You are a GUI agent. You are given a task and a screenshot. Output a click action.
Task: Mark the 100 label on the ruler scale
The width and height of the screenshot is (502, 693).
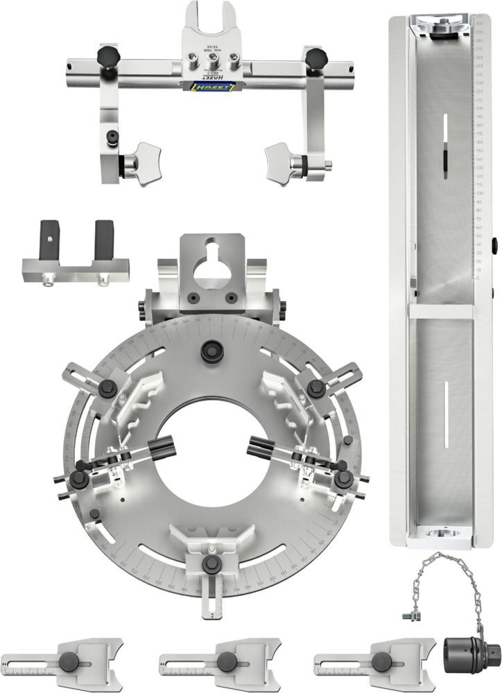[478, 193]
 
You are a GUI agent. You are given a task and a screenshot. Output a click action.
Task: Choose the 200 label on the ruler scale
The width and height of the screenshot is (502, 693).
[478, 109]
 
